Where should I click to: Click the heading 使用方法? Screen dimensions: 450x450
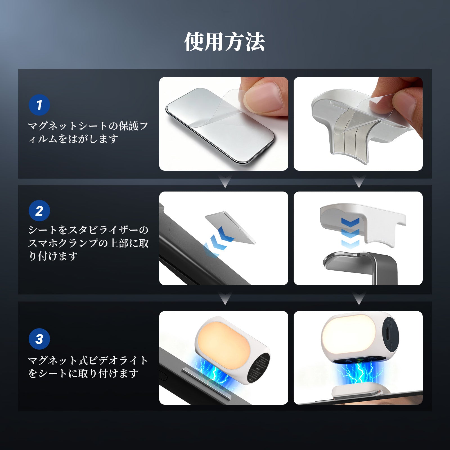(x=224, y=42)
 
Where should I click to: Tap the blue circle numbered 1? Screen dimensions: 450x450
(x=39, y=105)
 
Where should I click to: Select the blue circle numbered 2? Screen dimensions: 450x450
(x=39, y=211)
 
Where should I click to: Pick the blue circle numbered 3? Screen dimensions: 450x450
(x=39, y=339)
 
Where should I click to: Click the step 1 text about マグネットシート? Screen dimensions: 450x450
(x=88, y=132)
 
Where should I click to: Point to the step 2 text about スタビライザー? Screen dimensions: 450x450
(x=88, y=243)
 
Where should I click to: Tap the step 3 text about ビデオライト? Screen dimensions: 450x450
(x=88, y=367)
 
